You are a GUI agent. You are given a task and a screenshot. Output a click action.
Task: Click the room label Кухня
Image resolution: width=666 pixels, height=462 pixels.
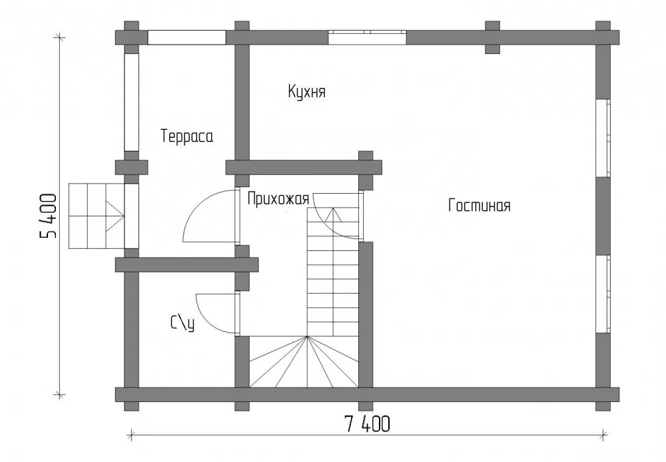306,91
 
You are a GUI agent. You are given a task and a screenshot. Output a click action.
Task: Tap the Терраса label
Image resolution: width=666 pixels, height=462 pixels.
187,136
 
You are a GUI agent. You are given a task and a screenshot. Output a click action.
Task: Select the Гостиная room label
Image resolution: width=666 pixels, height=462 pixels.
480,206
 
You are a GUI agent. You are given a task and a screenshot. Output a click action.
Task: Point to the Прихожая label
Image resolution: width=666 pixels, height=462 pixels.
278,199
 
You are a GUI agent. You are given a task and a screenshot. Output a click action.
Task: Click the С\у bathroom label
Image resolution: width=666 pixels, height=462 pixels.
182,324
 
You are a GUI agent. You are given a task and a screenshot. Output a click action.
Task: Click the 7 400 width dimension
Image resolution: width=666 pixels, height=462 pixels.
368,423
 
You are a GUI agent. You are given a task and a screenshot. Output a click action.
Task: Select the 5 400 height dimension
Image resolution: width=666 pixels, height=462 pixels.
48,216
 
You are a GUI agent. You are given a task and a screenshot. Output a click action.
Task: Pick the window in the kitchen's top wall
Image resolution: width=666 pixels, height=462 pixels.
368,37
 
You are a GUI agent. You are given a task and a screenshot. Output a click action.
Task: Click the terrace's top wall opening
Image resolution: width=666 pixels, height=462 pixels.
186,37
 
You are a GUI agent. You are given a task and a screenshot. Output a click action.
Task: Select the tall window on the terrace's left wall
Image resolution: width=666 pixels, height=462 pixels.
131,102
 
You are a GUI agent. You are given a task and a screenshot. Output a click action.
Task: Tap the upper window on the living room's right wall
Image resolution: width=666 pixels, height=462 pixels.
603,138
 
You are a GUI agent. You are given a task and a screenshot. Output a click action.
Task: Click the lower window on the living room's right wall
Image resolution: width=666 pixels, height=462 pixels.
603,294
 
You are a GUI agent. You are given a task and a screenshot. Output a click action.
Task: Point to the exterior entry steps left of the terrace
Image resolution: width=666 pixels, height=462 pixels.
97,216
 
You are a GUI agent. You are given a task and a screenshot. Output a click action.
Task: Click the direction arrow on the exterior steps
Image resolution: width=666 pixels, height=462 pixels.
115,216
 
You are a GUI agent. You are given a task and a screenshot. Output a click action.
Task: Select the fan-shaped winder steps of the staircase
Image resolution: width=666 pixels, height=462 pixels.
304,361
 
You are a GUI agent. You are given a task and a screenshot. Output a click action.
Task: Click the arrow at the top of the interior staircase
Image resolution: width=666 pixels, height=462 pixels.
334,215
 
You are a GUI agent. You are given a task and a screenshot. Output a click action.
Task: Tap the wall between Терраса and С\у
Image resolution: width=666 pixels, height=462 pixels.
187,264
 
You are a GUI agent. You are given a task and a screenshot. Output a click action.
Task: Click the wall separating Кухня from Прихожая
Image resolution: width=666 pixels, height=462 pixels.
304,167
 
